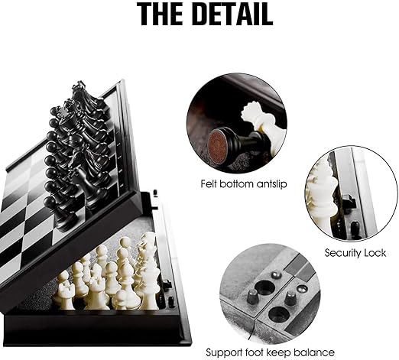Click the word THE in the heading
pyautogui.click(x=163, y=14)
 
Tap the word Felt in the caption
pyautogui.click(x=209, y=183)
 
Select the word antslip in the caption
pyautogui.click(x=271, y=183)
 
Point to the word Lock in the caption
pyautogui.click(x=375, y=253)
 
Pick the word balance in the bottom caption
pyautogui.click(x=314, y=352)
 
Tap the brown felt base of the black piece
pyautogui.click(x=220, y=142)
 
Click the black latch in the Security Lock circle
pyautogui.click(x=349, y=201)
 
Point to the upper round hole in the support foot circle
pyautogui.click(x=265, y=287)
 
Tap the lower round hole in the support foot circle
pyautogui.click(x=279, y=314)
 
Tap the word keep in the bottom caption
pyautogui.click(x=280, y=353)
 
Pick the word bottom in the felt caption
pyautogui.click(x=236, y=183)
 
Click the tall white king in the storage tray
pyautogui.click(x=151, y=274)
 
